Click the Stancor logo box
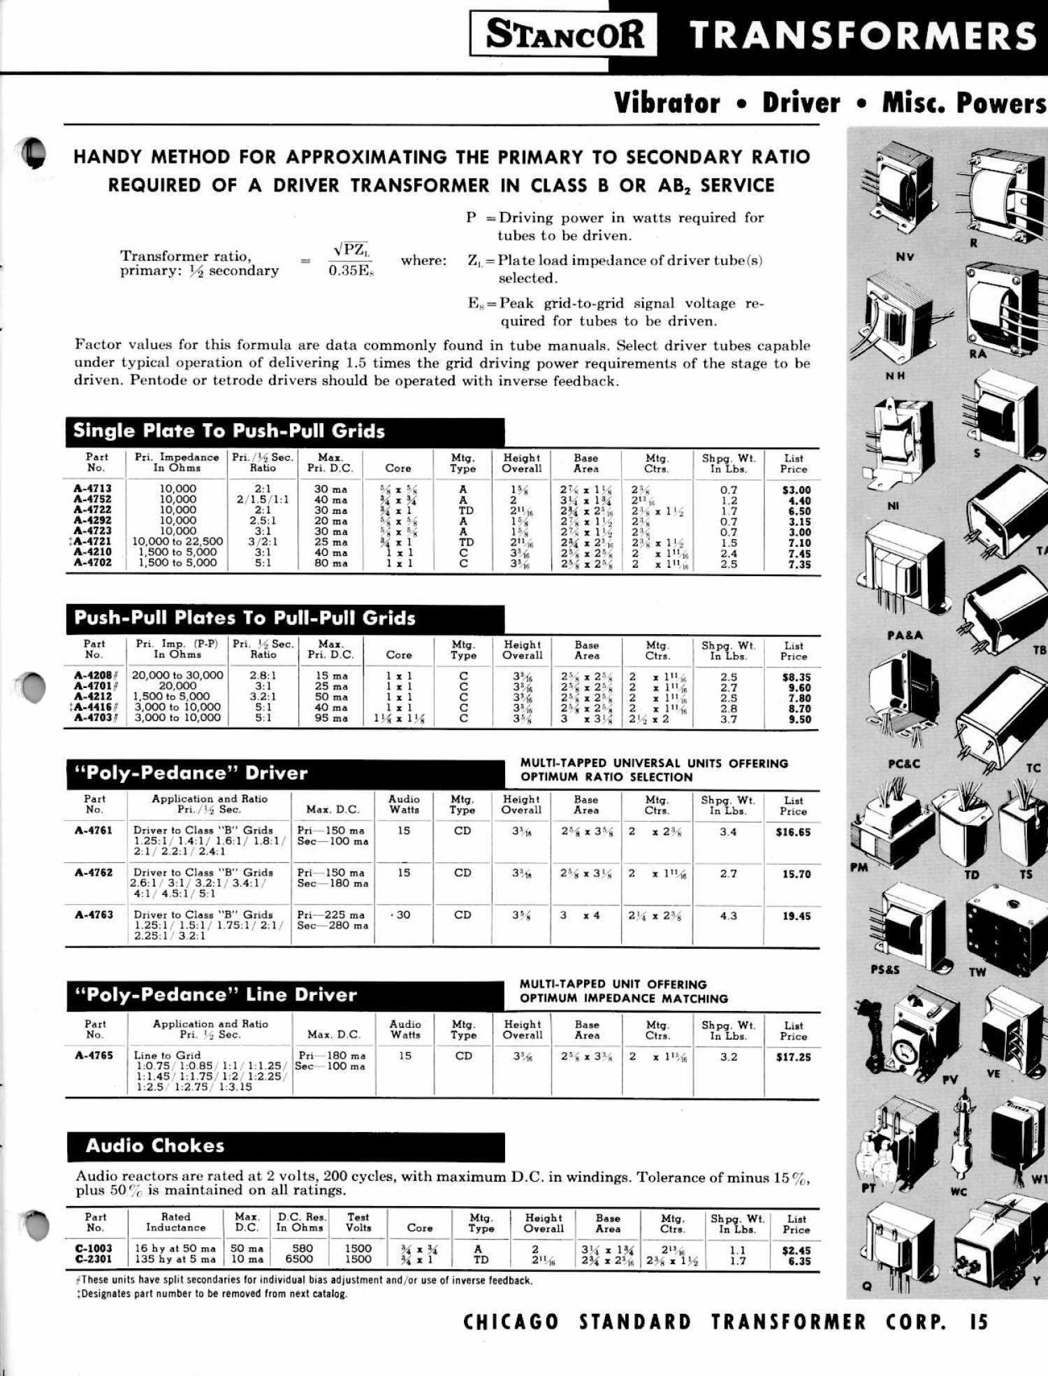563,34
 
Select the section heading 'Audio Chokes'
155,1145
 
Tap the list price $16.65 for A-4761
793,832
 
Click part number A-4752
92,499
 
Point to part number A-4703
92,717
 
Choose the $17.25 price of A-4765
793,1057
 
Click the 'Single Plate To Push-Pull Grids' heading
229,431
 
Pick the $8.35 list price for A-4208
795,677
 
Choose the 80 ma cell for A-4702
330,563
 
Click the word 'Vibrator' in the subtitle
667,103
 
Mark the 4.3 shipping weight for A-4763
728,915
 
